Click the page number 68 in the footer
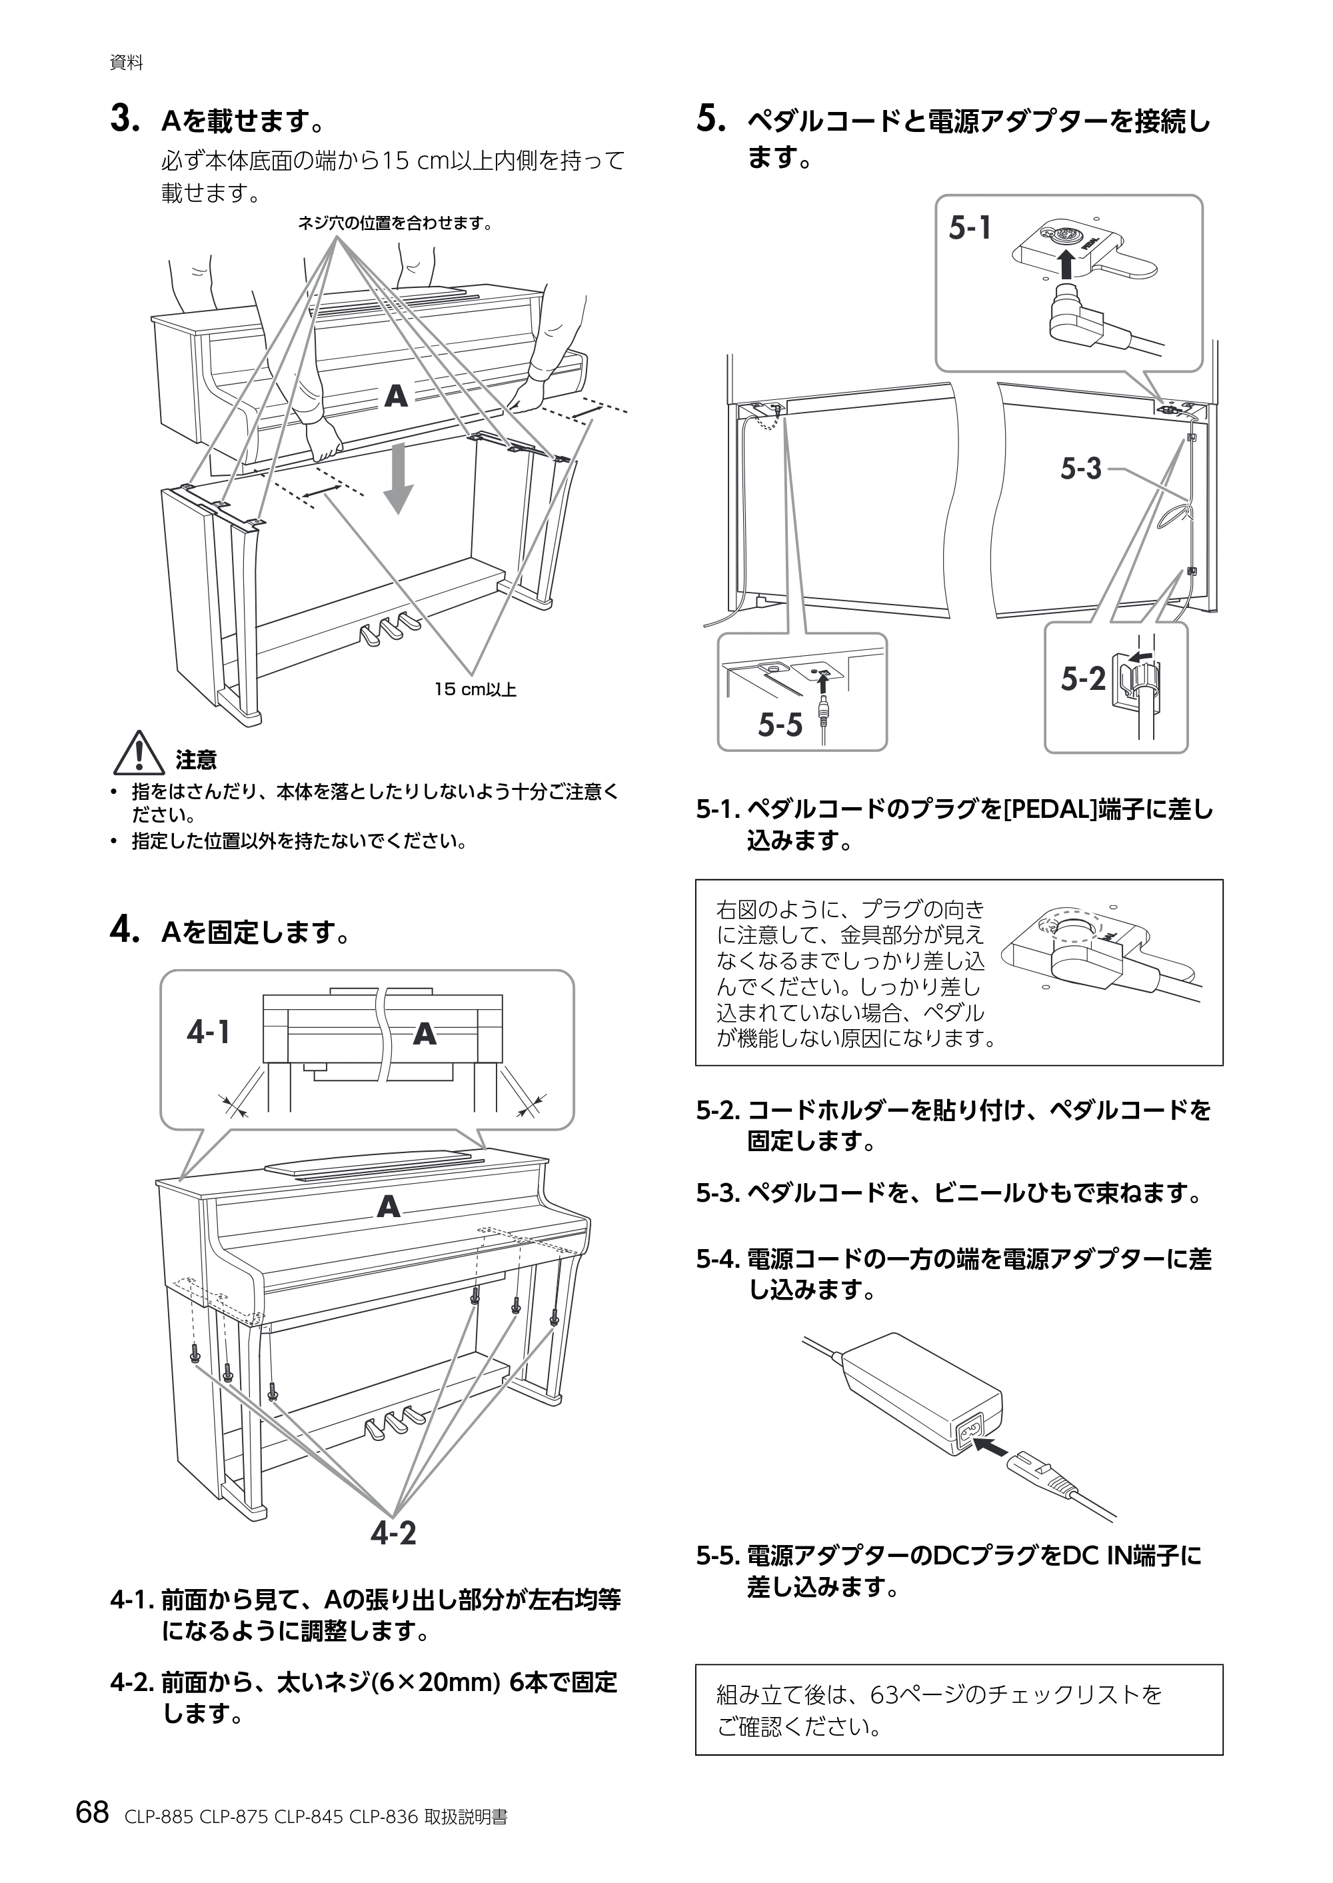click(92, 1812)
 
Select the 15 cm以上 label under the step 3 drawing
click(475, 689)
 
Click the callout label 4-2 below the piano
click(393, 1532)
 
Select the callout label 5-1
click(970, 228)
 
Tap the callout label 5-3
click(1081, 469)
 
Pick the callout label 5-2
click(1082, 679)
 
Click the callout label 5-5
click(780, 725)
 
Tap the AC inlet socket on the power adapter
click(966, 1434)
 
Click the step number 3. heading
click(124, 120)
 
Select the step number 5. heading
click(711, 120)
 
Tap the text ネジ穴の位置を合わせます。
click(395, 223)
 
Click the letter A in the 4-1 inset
click(425, 1033)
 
